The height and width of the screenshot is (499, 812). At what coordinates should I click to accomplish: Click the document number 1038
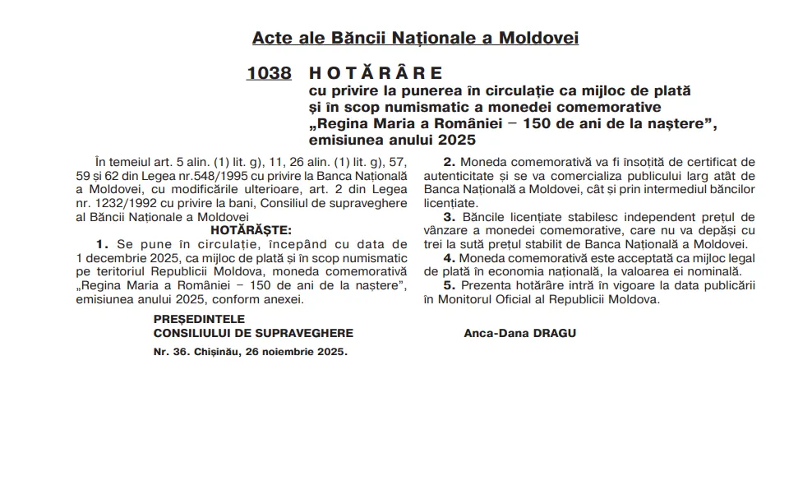[x=269, y=73]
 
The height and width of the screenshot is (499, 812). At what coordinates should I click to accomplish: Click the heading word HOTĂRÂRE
[x=376, y=73]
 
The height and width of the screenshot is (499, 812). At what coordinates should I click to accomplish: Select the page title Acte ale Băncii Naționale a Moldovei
[x=415, y=38]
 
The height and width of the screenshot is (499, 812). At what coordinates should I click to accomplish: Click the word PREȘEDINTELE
[x=199, y=319]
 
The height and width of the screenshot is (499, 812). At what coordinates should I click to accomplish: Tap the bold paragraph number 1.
[x=102, y=244]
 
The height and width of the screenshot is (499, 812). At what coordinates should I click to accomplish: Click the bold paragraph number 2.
[x=449, y=162]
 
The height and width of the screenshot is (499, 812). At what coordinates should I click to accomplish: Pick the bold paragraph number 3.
[x=449, y=217]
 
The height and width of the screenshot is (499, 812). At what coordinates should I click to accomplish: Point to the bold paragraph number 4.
[x=449, y=258]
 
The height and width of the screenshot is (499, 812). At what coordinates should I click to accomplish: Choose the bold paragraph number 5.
[x=449, y=285]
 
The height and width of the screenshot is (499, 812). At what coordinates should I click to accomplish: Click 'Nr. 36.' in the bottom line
[x=172, y=351]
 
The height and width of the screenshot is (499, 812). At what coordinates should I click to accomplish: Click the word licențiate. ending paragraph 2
[x=450, y=203]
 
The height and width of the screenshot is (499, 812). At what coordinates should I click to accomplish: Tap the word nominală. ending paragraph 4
[x=713, y=271]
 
